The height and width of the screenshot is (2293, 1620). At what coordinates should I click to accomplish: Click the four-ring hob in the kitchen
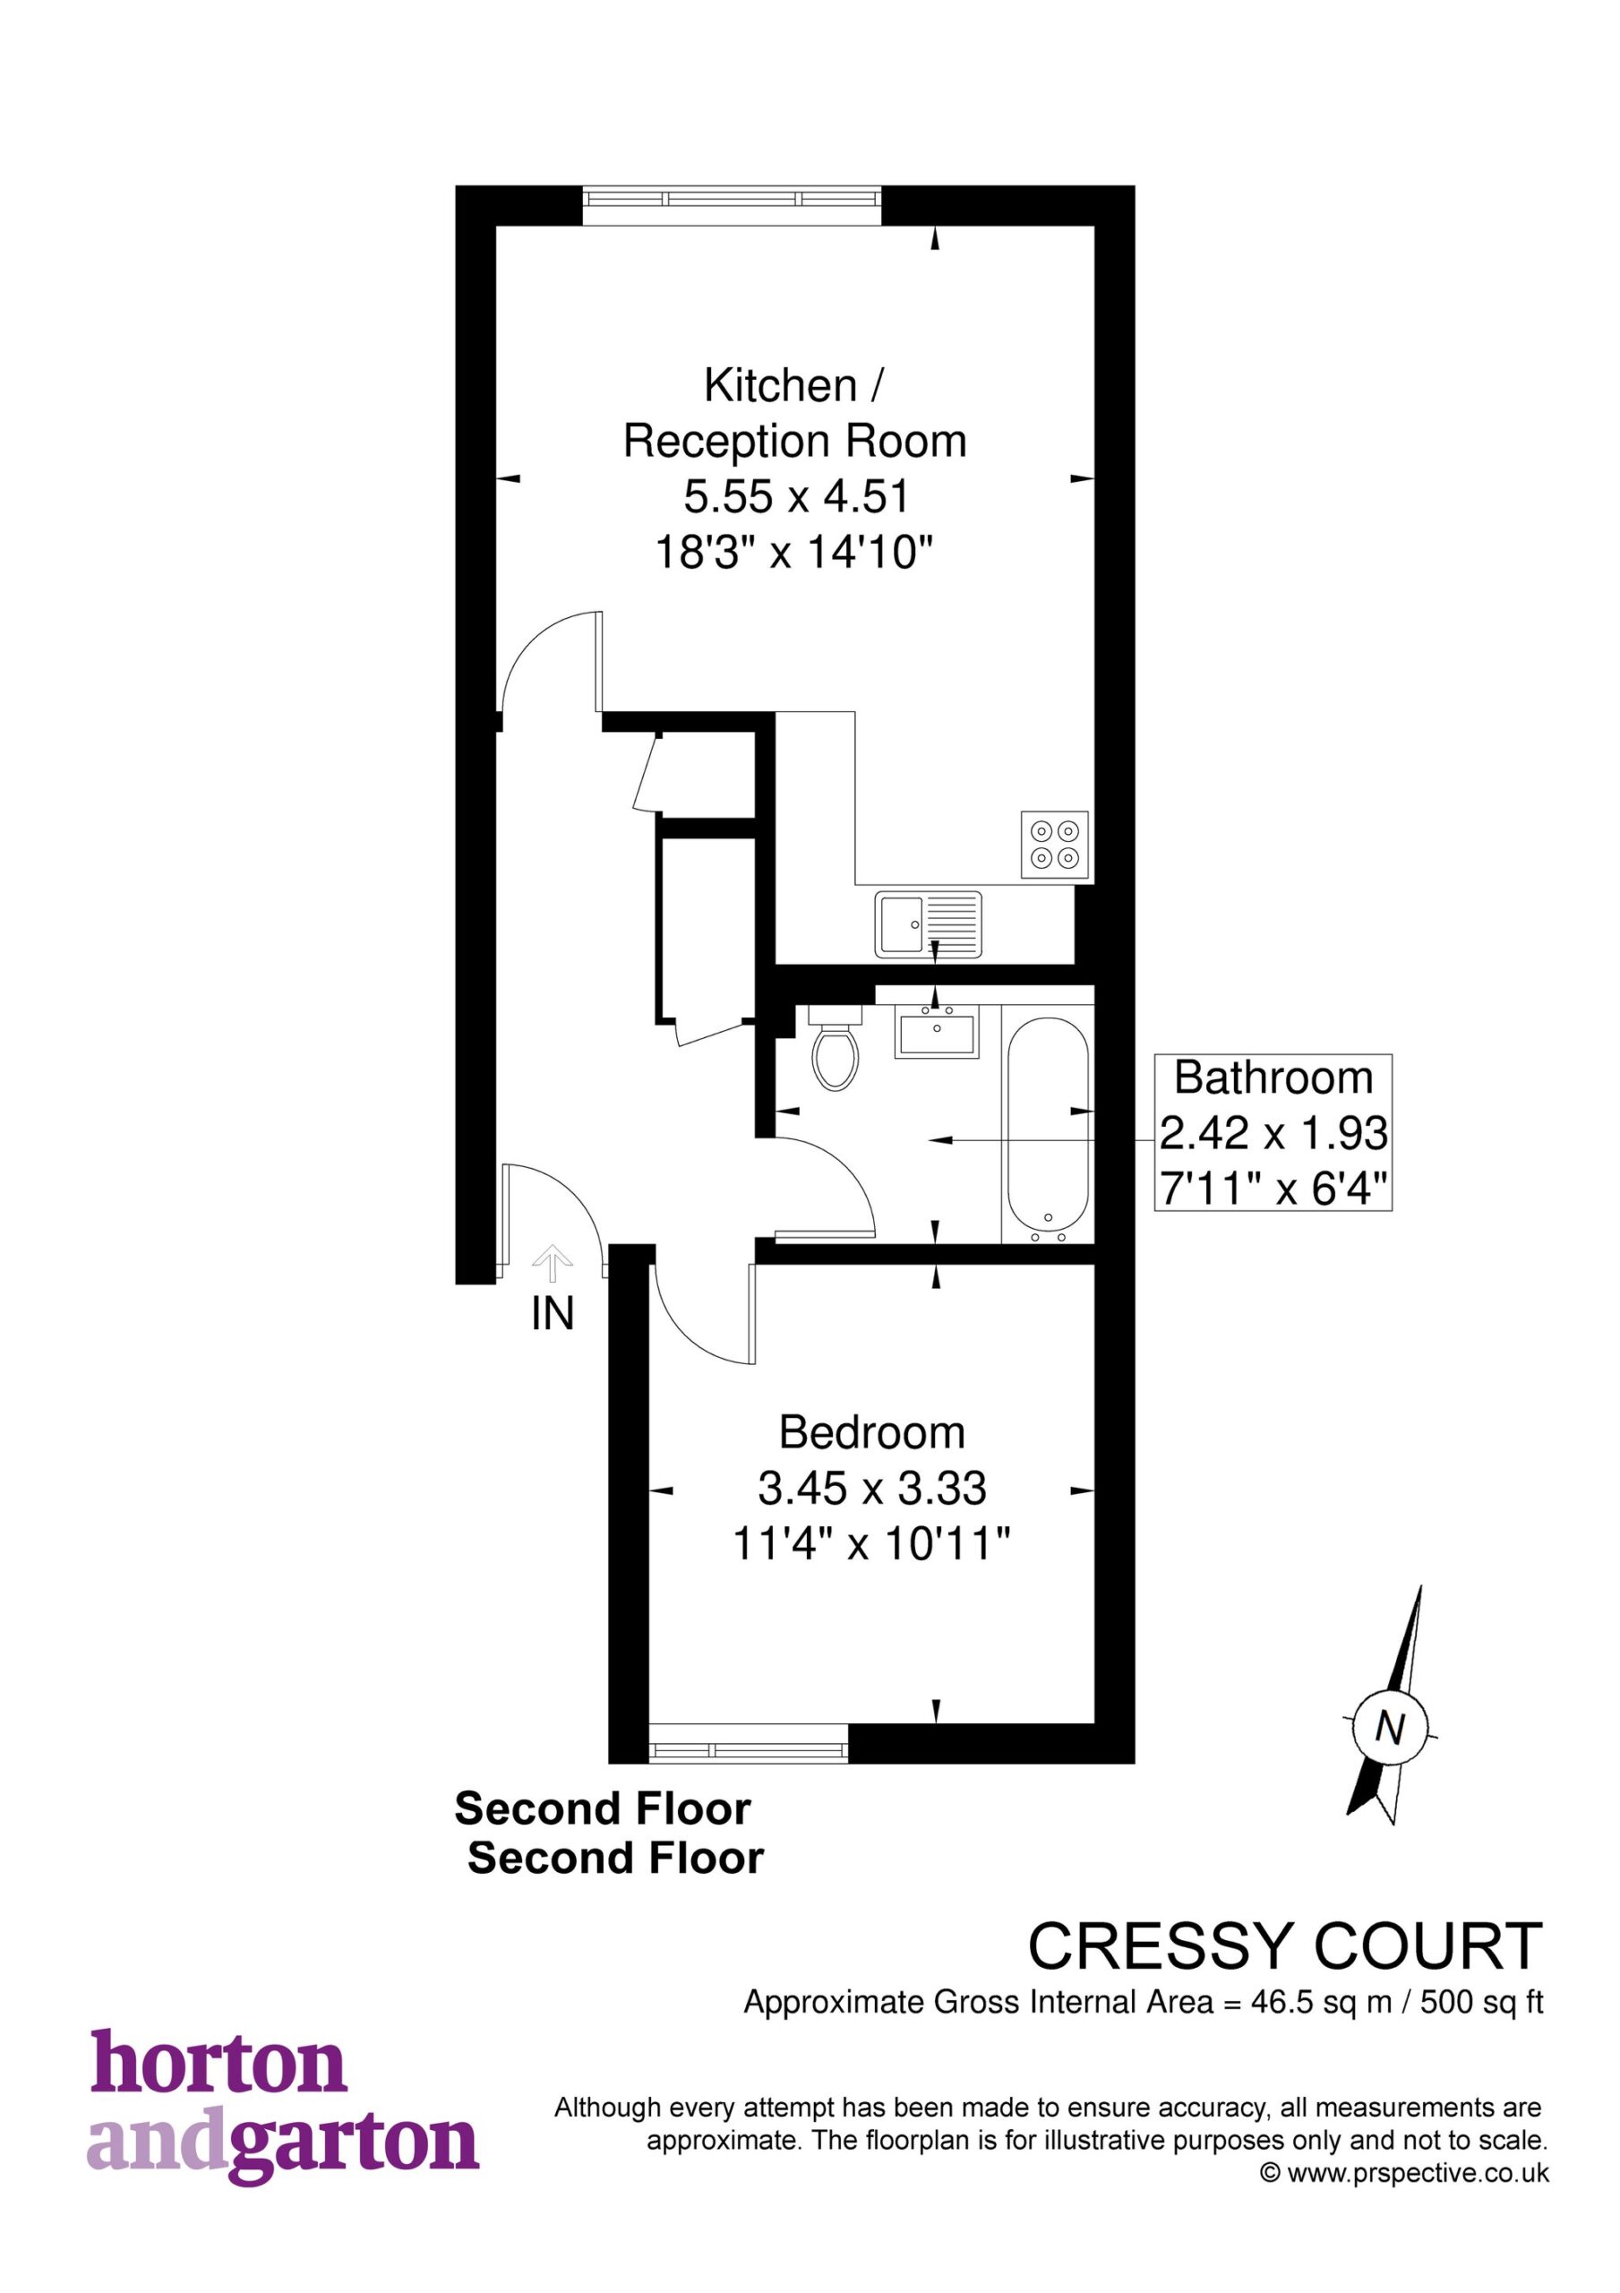click(x=1055, y=845)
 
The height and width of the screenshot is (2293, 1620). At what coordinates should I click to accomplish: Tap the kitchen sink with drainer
click(x=929, y=923)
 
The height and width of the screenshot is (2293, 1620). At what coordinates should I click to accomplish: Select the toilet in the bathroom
click(x=836, y=1048)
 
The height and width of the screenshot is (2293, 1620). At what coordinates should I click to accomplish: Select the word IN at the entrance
click(x=553, y=1314)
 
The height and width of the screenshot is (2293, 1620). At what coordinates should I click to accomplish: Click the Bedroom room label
click(x=872, y=1433)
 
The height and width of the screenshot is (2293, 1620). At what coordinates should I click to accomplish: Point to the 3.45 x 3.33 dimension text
click(x=872, y=1489)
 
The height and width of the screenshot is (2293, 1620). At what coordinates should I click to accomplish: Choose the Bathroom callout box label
click(x=1273, y=1078)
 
